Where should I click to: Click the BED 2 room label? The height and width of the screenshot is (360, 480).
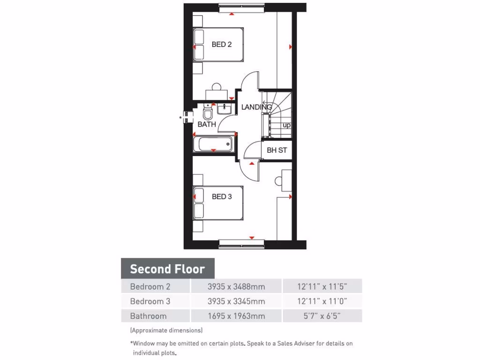point(221,45)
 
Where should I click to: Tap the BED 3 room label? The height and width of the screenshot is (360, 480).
point(222,196)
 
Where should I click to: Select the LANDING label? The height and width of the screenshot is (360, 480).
point(256,107)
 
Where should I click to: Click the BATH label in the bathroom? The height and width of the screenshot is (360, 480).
point(207,124)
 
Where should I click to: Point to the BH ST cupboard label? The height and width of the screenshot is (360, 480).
point(277,150)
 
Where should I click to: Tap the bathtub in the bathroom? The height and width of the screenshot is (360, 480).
point(213,143)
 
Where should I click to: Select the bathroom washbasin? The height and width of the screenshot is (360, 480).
point(224,109)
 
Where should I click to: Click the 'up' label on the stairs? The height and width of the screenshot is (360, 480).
point(286,125)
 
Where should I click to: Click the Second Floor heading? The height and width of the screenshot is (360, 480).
point(167,269)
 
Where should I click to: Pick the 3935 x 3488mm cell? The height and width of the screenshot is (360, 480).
point(236,286)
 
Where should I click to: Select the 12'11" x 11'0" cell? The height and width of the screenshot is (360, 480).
point(322,301)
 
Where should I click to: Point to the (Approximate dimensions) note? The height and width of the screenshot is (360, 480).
point(166,330)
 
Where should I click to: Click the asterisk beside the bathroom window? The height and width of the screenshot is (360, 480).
point(180,118)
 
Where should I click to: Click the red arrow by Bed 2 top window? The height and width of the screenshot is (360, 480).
point(231,14)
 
